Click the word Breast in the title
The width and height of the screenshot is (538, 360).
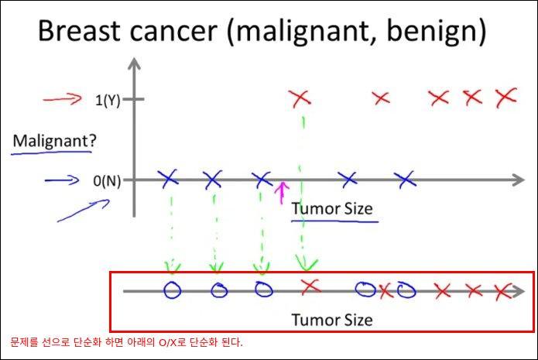pos(79,30)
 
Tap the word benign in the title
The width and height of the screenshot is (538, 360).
pos(437,32)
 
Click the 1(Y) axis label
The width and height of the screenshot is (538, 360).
pos(108,101)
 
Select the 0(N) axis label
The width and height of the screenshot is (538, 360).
pos(107,181)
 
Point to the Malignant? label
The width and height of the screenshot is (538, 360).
pos(54,141)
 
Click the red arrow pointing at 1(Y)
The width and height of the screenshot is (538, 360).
pos(63,99)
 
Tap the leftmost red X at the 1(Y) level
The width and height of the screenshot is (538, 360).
pos(300,98)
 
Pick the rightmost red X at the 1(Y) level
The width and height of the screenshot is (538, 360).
pos(506,98)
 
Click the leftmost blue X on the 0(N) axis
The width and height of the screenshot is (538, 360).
pos(168,179)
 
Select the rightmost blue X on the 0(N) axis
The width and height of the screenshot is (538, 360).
pos(405,179)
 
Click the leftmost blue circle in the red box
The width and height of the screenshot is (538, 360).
pos(173,290)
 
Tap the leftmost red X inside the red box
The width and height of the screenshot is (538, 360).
pos(310,286)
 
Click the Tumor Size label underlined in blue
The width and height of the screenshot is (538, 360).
pos(332,209)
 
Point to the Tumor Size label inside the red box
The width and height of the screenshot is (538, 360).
pos(332,320)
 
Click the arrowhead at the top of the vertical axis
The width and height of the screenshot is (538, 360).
pos(134,63)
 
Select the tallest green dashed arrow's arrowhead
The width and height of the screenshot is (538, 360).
pos(306,263)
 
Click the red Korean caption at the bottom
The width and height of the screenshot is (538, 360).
pos(126,342)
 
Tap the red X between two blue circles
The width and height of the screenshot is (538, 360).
pos(386,291)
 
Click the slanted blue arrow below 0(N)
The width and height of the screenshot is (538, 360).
pos(84,211)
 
